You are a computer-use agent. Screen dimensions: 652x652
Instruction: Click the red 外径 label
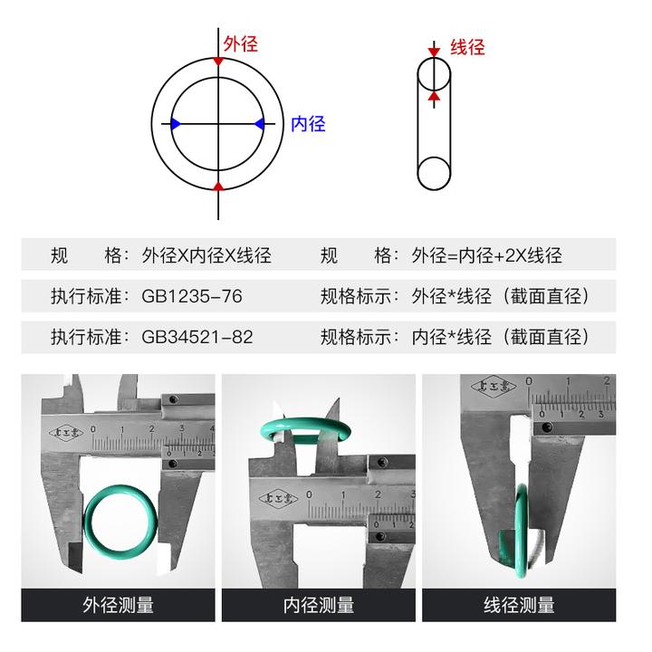tap(241, 43)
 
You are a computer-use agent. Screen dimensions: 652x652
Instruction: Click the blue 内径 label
tap(308, 124)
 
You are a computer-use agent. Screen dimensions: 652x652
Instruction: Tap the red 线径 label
tap(467, 47)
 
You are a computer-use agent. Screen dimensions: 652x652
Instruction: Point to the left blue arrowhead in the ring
tap(176, 123)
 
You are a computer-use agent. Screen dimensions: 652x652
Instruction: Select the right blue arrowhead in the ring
tap(260, 123)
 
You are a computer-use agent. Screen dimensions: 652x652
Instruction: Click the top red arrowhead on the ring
tap(218, 61)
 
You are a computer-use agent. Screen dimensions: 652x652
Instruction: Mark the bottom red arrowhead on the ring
tap(218, 186)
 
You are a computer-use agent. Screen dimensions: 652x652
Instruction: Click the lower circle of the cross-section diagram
tap(434, 173)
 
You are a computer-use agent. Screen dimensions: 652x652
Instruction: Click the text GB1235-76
tap(192, 296)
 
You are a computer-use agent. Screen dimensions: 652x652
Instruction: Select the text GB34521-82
tap(197, 337)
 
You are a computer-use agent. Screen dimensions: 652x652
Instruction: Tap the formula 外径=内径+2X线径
tap(487, 255)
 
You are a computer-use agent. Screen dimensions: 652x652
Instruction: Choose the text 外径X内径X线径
tap(206, 255)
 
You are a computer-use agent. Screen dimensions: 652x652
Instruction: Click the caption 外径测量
tap(118, 605)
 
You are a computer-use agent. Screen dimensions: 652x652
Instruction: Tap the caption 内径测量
tap(319, 605)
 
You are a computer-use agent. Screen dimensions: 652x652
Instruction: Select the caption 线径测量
tap(519, 605)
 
